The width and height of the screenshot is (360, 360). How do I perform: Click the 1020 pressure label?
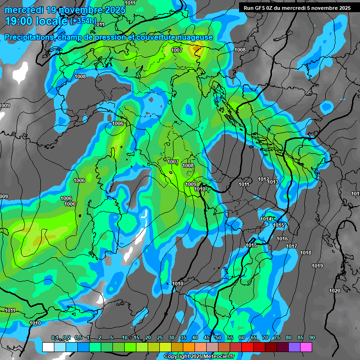pyautogui.click(x=335, y=291)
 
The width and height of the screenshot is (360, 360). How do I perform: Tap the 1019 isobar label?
pyautogui.click(x=317, y=266)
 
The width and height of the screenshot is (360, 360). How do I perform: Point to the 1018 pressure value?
pyautogui.click(x=306, y=253)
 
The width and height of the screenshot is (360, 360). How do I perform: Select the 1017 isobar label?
pyautogui.click(x=292, y=247)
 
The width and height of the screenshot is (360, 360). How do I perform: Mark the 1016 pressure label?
pyautogui.click(x=282, y=239)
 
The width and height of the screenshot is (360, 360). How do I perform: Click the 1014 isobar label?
pyautogui.click(x=266, y=219)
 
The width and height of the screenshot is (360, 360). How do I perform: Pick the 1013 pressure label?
pyautogui.click(x=273, y=182)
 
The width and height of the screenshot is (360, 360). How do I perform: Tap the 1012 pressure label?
pyautogui.click(x=263, y=180)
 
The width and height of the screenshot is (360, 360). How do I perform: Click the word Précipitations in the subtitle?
pyautogui.click(x=29, y=37)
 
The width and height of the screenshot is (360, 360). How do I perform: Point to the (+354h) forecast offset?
pyautogui.click(x=83, y=21)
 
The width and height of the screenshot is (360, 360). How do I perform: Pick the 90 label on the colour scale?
pyautogui.click(x=312, y=337)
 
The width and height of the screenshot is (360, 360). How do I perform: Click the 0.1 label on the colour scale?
pyautogui.click(x=55, y=337)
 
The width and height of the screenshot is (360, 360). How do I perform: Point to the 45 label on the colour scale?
pyautogui.click(x=207, y=337)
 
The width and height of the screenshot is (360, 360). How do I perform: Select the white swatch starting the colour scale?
pyautogui.click(x=48, y=347)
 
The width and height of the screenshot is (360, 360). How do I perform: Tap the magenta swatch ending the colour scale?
pyautogui.click(x=306, y=347)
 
